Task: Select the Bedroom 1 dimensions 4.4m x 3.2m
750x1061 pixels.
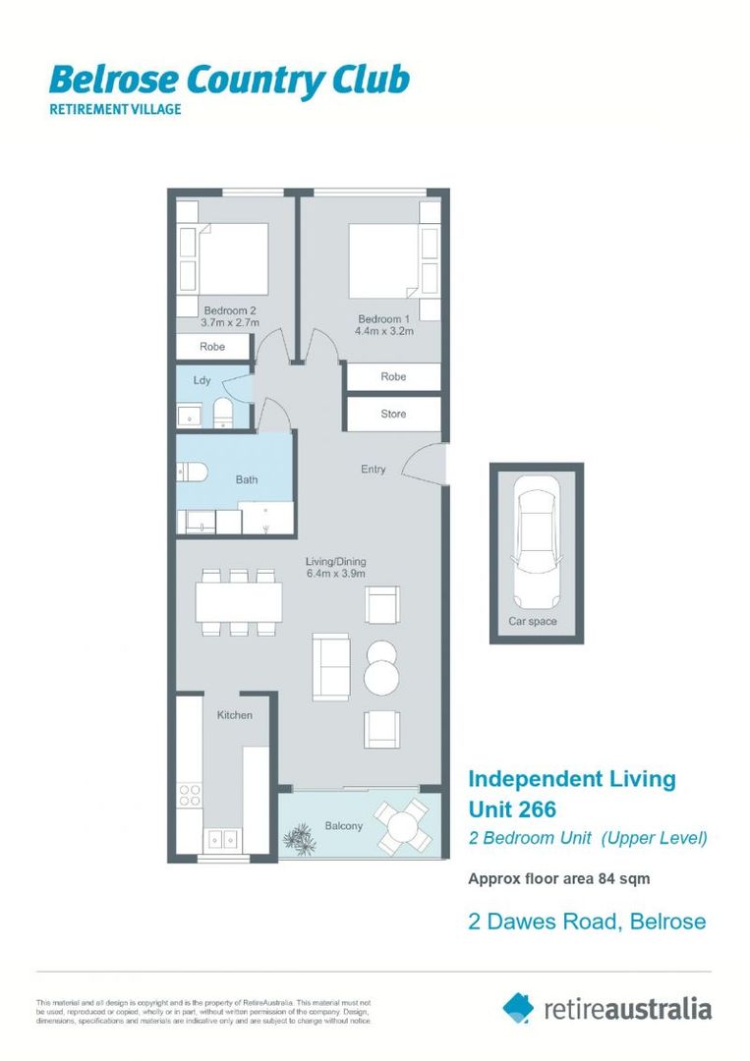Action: point(384,332)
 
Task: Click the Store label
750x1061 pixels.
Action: point(393,414)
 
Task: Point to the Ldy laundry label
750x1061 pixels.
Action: point(202,379)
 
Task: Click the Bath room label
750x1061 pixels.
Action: point(246,479)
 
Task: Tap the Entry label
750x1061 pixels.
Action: point(373,470)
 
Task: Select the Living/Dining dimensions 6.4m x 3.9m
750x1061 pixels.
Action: point(335,574)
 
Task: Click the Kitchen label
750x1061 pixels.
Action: point(234,715)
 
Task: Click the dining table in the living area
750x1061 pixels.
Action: point(238,601)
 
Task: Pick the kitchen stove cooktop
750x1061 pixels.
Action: point(190,795)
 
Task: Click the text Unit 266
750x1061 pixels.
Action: point(512,810)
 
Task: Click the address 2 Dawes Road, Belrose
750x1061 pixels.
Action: point(586,921)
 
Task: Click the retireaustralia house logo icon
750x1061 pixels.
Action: point(518,1007)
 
